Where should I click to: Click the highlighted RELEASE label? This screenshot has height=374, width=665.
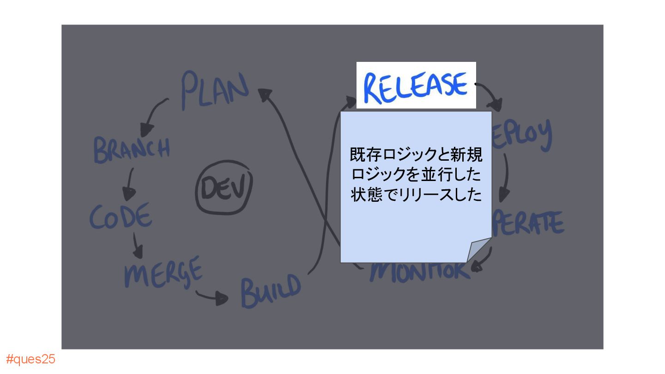(416, 86)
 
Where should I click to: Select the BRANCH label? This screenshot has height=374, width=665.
(132, 149)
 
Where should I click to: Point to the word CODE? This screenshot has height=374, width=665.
(121, 216)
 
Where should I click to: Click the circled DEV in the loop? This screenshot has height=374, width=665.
(224, 190)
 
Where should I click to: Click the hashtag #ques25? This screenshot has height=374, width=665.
(30, 359)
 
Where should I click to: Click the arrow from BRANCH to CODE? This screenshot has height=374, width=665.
(129, 184)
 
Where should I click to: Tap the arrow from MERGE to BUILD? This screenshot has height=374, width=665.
(213, 297)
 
